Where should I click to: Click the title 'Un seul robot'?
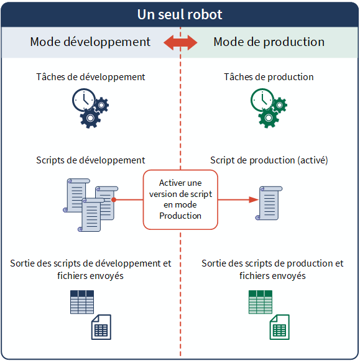pyautogui.click(x=180, y=14)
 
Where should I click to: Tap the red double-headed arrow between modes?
pyautogui.click(x=180, y=43)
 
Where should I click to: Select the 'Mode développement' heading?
pyautogui.click(x=90, y=42)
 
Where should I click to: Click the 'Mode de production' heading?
pyautogui.click(x=269, y=42)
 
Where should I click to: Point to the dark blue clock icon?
pyautogui.click(x=84, y=100)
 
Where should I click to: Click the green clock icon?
pyautogui.click(x=262, y=100)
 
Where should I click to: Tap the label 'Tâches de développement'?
pyautogui.click(x=91, y=77)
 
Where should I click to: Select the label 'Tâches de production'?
pyautogui.click(x=269, y=77)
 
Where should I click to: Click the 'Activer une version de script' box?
pyautogui.click(x=180, y=199)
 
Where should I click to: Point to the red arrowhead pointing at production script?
pyautogui.click(x=254, y=199)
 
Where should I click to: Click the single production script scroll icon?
pyautogui.click(x=269, y=203)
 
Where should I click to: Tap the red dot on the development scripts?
pyautogui.click(x=114, y=199)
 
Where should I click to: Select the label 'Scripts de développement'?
pyautogui.click(x=91, y=160)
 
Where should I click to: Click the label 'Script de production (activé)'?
pyautogui.click(x=269, y=160)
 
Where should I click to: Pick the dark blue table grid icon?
pyautogui.click(x=82, y=302)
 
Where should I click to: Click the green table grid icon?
pyautogui.click(x=261, y=302)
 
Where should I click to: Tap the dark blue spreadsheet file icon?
pyautogui.click(x=101, y=327)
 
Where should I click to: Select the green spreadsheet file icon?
pyautogui.click(x=280, y=327)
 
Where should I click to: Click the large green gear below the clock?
pyautogui.click(x=269, y=118)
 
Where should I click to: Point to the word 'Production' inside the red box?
pyautogui.click(x=180, y=216)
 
